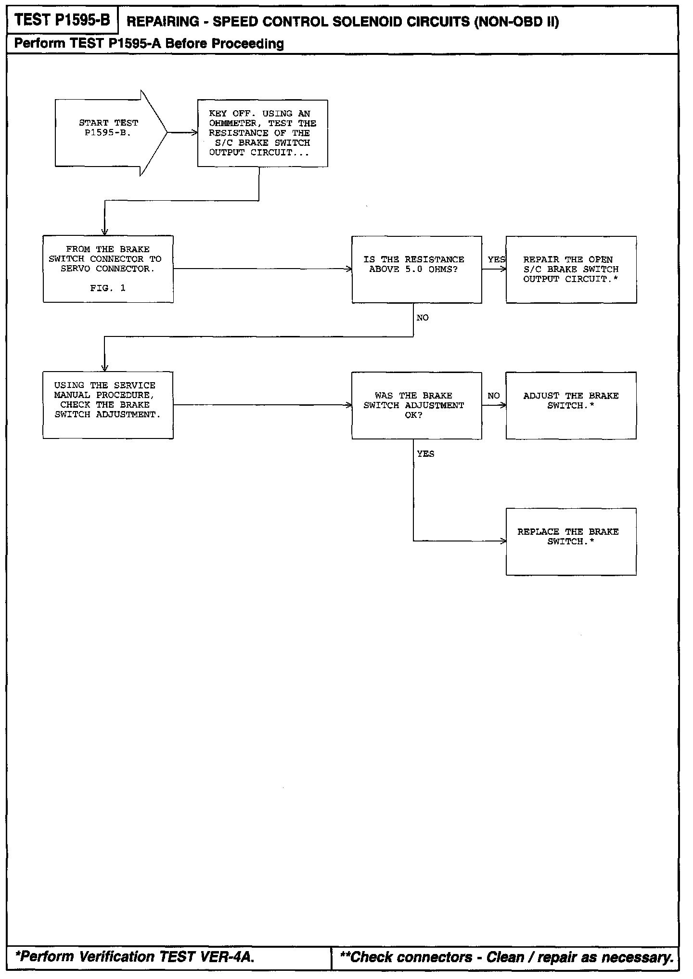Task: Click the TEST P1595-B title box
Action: [63, 20]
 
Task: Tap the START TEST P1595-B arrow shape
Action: [109, 132]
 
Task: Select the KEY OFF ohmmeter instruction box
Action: [262, 133]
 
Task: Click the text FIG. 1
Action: [108, 288]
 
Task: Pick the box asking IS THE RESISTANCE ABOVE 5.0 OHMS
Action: [416, 269]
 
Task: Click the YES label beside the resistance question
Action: [496, 259]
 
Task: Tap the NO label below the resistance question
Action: [423, 318]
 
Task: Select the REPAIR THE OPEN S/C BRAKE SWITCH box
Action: [571, 270]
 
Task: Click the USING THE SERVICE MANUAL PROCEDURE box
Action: [108, 405]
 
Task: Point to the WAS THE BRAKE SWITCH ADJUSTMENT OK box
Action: [416, 405]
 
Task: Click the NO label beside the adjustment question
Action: [494, 396]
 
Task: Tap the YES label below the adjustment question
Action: [425, 454]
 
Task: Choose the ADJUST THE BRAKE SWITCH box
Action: [571, 405]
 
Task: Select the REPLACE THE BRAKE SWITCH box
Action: [571, 541]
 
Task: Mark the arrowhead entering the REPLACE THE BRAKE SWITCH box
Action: [503, 541]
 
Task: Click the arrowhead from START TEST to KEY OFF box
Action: [195, 133]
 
